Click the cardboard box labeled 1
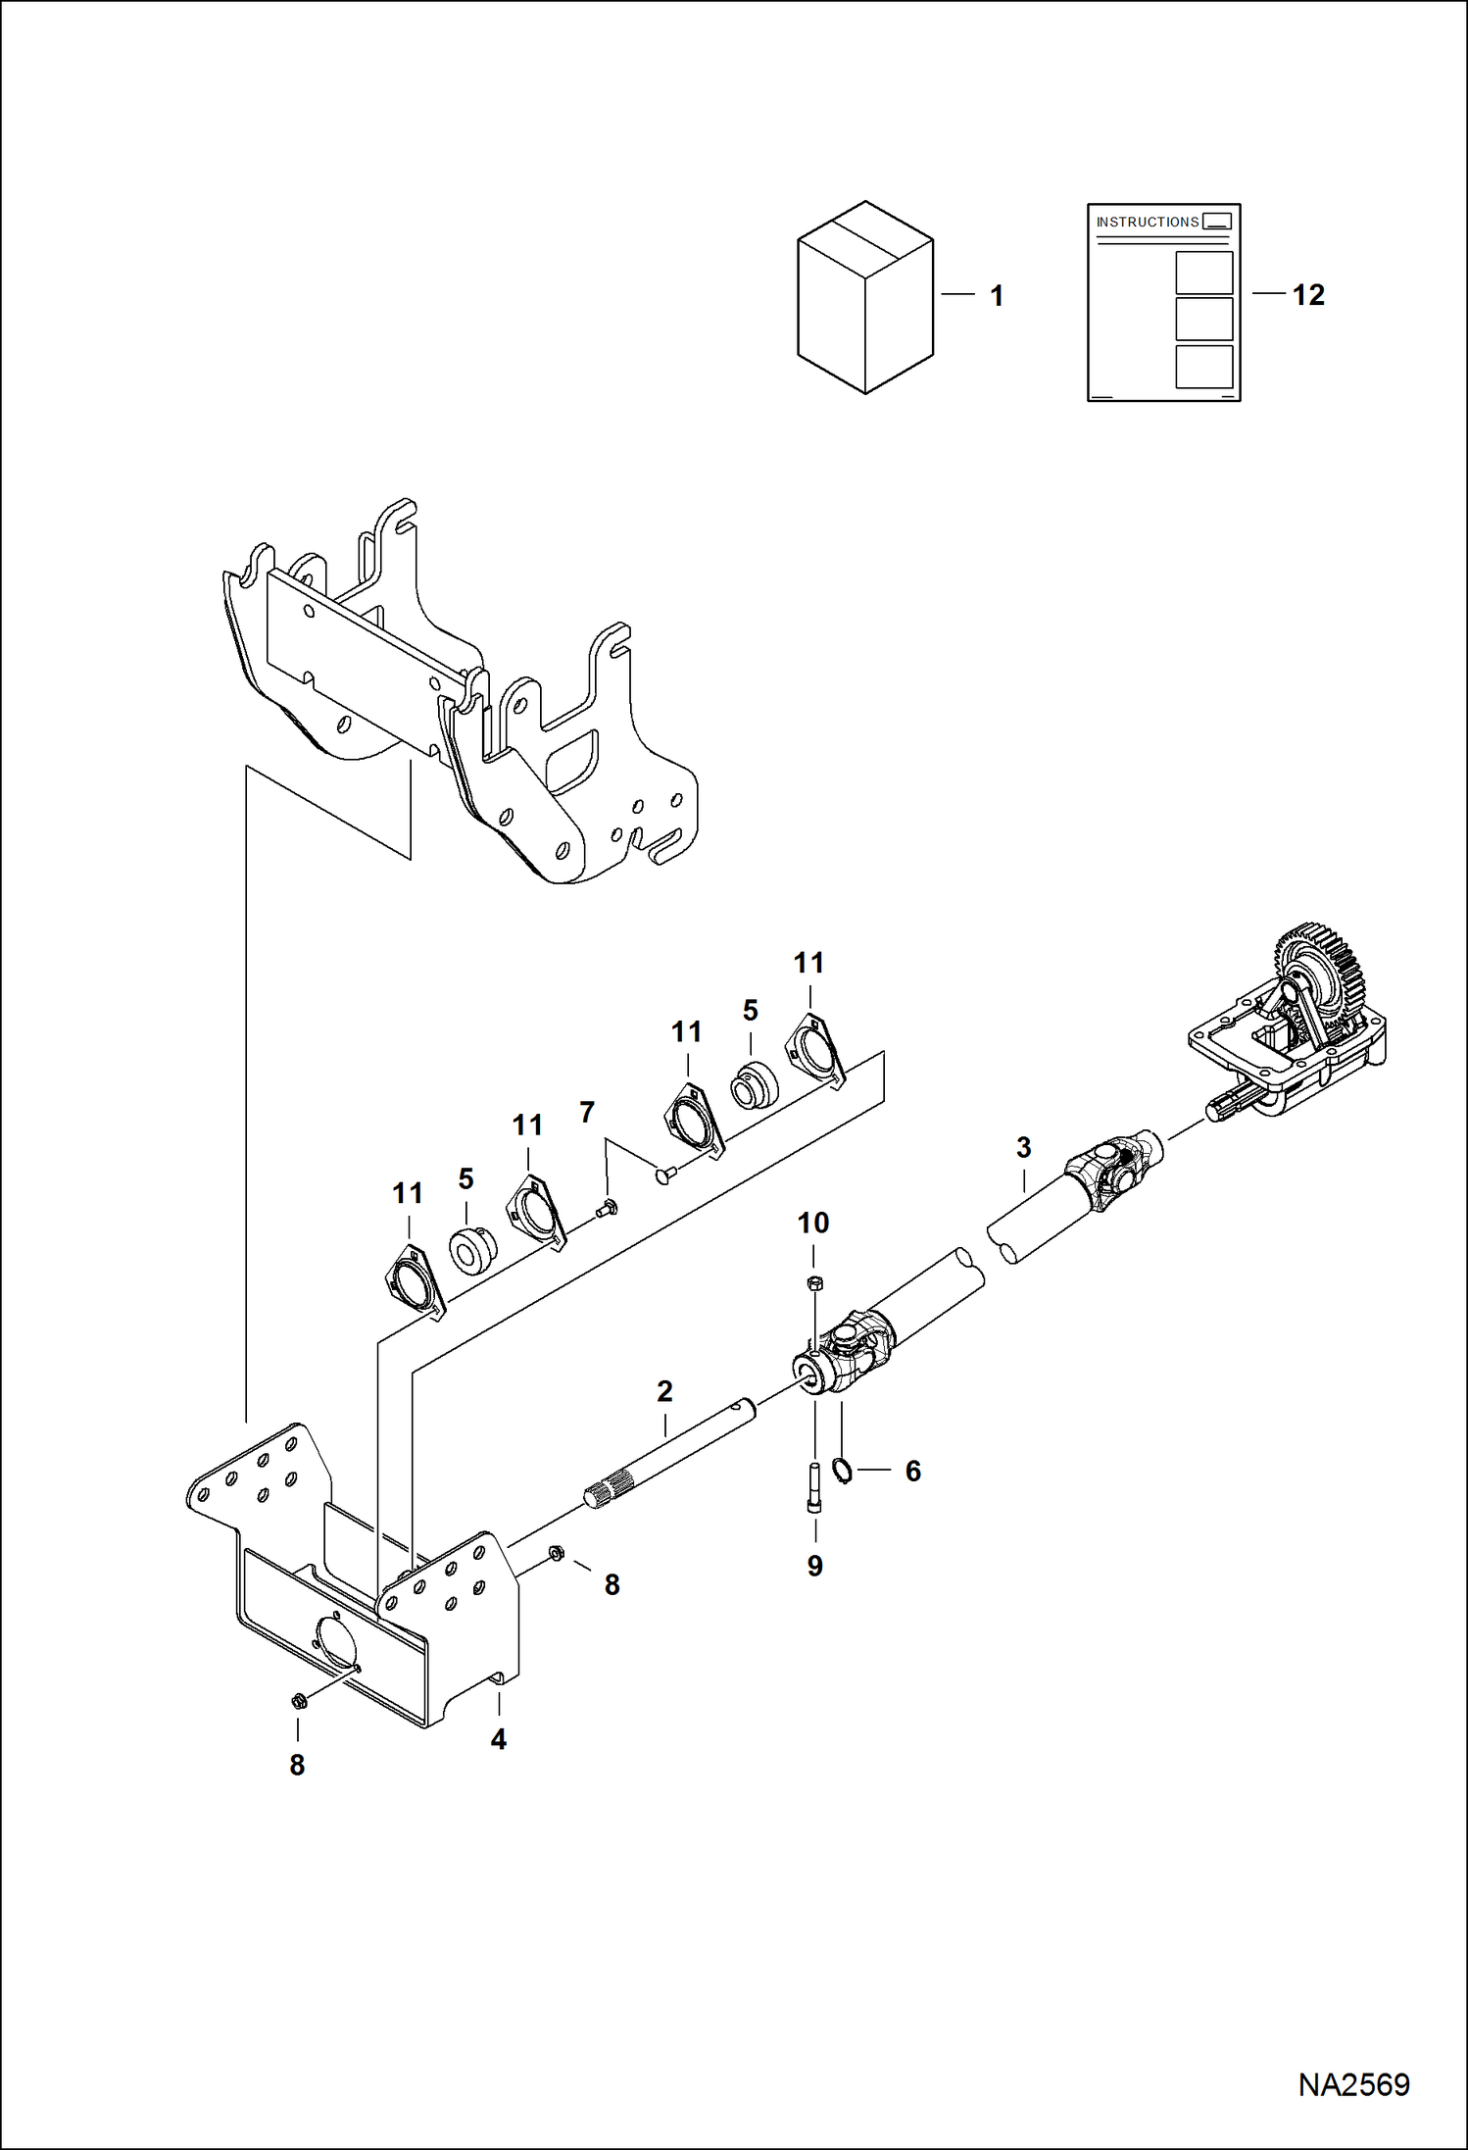(x=864, y=298)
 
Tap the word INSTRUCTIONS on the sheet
(x=1147, y=223)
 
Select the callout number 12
(x=1308, y=295)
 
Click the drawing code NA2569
(x=1353, y=2084)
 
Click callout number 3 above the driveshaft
(x=1023, y=1147)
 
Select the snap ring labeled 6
(x=841, y=1470)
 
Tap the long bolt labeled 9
(x=814, y=1487)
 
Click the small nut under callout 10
(x=814, y=1283)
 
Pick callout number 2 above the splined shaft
(x=664, y=1391)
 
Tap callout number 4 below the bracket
(x=498, y=1739)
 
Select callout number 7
(x=586, y=1112)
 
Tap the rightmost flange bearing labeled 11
(x=814, y=1051)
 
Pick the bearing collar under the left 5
(x=472, y=1249)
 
